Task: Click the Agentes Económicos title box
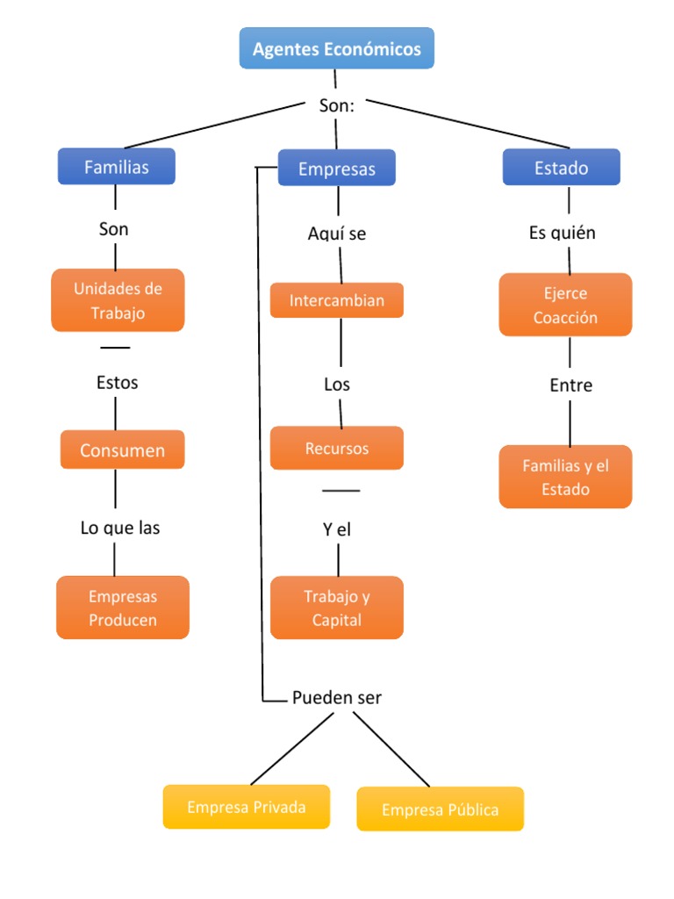[337, 48]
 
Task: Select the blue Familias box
[117, 167]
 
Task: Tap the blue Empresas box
[337, 169]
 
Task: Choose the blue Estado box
[561, 168]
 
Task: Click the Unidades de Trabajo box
[118, 300]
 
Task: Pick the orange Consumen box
[122, 450]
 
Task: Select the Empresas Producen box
[123, 608]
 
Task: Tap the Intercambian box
[337, 300]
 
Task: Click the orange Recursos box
[337, 449]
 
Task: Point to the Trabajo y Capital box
[337, 608]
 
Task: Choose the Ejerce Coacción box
[565, 305]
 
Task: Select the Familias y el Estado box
[565, 477]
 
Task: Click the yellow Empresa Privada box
[247, 807]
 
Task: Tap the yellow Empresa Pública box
[440, 809]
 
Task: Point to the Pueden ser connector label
[337, 698]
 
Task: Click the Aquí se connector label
[337, 234]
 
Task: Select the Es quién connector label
[563, 233]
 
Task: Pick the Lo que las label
[120, 528]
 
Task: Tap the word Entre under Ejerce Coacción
[570, 385]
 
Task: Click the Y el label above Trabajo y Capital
[337, 530]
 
